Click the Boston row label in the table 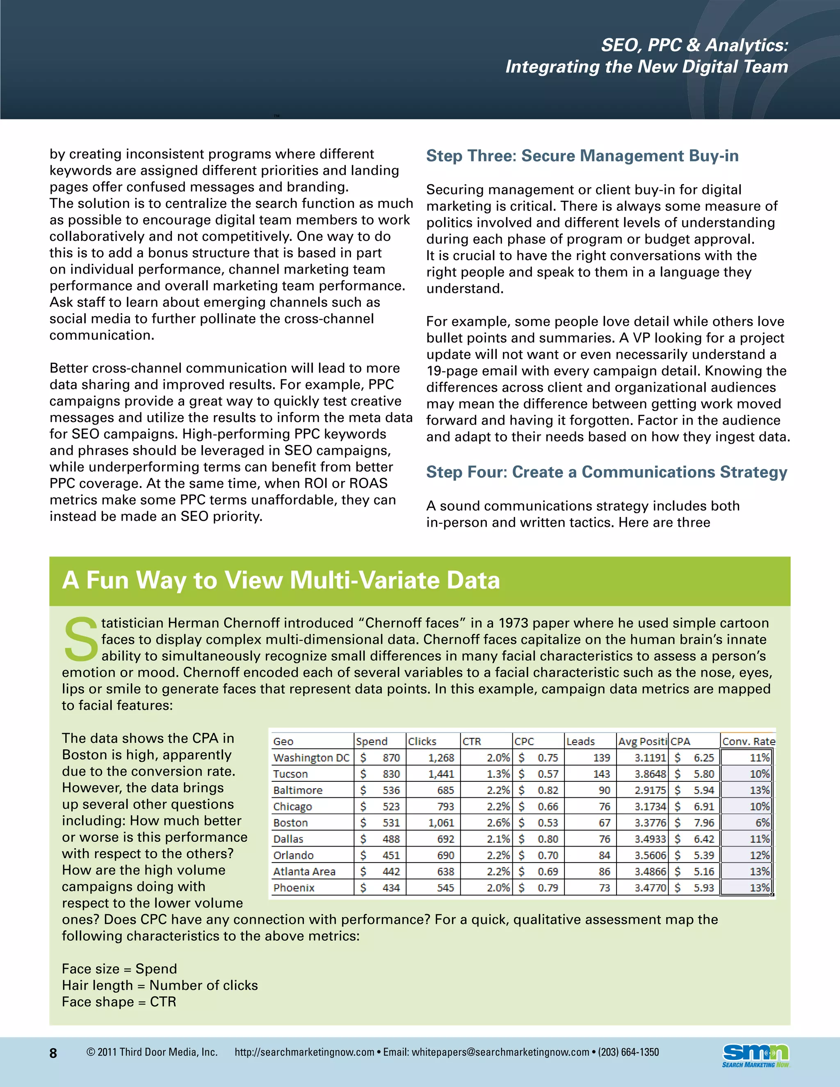pos(291,823)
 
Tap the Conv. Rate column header pos(748,741)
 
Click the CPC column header pos(524,741)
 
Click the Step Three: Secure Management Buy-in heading pos(582,156)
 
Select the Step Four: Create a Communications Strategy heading pos(607,472)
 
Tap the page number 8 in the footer pos(53,1053)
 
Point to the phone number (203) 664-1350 pos(628,1052)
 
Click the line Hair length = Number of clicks pos(160,985)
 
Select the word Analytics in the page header pos(746,45)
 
